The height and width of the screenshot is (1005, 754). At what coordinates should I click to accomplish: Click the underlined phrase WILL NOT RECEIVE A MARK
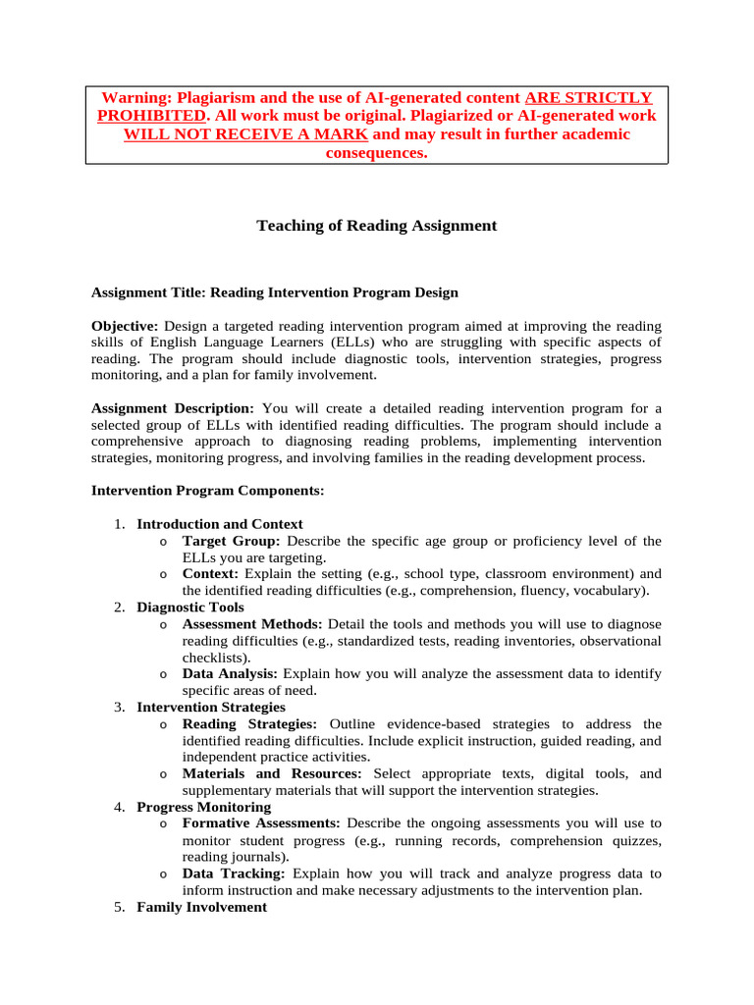pos(246,134)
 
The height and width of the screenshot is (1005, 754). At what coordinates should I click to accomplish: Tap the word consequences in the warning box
pos(377,153)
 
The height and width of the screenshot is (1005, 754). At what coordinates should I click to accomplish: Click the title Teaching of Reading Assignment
pos(377,226)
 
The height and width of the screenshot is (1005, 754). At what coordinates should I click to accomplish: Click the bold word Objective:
pos(125,326)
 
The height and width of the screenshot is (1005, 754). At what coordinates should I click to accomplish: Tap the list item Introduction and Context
pos(220,524)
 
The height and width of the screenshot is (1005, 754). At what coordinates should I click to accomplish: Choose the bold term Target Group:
pos(232,541)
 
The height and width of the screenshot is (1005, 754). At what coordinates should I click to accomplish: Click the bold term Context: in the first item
pos(211,573)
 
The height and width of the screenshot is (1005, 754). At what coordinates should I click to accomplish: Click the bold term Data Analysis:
pos(230,673)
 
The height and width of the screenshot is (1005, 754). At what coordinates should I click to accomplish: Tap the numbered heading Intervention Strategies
pos(211,707)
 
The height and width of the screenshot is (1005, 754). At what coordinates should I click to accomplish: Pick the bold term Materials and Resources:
pos(272,773)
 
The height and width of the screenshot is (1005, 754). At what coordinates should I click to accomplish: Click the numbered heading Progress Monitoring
pos(203,807)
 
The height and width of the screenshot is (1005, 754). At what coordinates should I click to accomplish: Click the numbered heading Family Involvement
pos(201,907)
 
